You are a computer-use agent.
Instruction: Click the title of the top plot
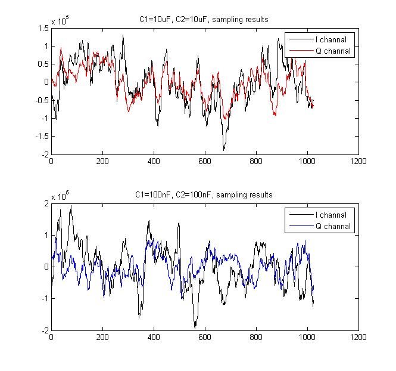click(x=204, y=19)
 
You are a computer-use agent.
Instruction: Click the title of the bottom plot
click(x=204, y=194)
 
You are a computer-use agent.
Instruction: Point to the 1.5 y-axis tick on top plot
click(x=43, y=28)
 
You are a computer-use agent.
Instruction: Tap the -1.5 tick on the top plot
click(x=42, y=136)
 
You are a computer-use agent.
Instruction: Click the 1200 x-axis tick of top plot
click(x=358, y=161)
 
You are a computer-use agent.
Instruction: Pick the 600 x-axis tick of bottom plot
click(x=205, y=336)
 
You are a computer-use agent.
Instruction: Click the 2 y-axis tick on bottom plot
click(x=46, y=203)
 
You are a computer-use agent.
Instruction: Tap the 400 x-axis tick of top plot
click(x=154, y=161)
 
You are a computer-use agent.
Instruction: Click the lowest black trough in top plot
click(x=224, y=149)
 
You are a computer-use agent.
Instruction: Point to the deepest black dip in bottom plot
click(x=195, y=327)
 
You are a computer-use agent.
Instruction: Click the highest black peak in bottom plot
click(x=71, y=206)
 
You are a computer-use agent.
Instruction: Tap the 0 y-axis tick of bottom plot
click(x=46, y=267)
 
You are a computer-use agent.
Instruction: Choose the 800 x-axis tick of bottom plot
click(x=256, y=336)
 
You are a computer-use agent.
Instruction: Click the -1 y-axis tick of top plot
click(x=44, y=118)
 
